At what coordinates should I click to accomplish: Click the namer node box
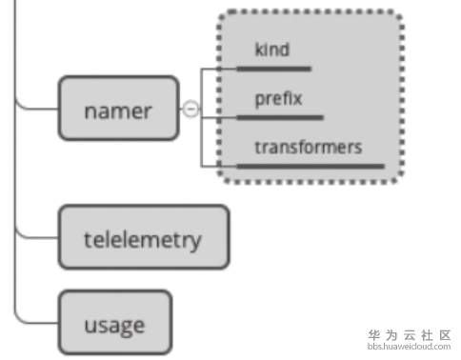pos(118,109)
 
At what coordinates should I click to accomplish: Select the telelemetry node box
pos(144,236)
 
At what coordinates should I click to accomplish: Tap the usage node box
pos(115,324)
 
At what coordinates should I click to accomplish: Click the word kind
pos(272,50)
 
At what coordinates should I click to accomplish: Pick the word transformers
pos(309,148)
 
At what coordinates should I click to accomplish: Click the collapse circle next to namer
pos(190,110)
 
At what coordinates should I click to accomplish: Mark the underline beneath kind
pos(273,69)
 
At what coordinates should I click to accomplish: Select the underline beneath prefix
pos(279,118)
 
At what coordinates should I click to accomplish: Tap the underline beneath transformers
pos(310,166)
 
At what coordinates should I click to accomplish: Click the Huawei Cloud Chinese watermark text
pos(409,335)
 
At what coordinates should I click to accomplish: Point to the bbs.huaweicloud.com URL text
pos(409,348)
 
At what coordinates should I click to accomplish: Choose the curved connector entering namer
pos(33,107)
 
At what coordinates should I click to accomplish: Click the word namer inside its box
pos(118,110)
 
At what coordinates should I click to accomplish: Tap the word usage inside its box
pos(115,325)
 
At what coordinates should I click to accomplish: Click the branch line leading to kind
pos(219,69)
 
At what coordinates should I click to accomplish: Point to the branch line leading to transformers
pos(219,166)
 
